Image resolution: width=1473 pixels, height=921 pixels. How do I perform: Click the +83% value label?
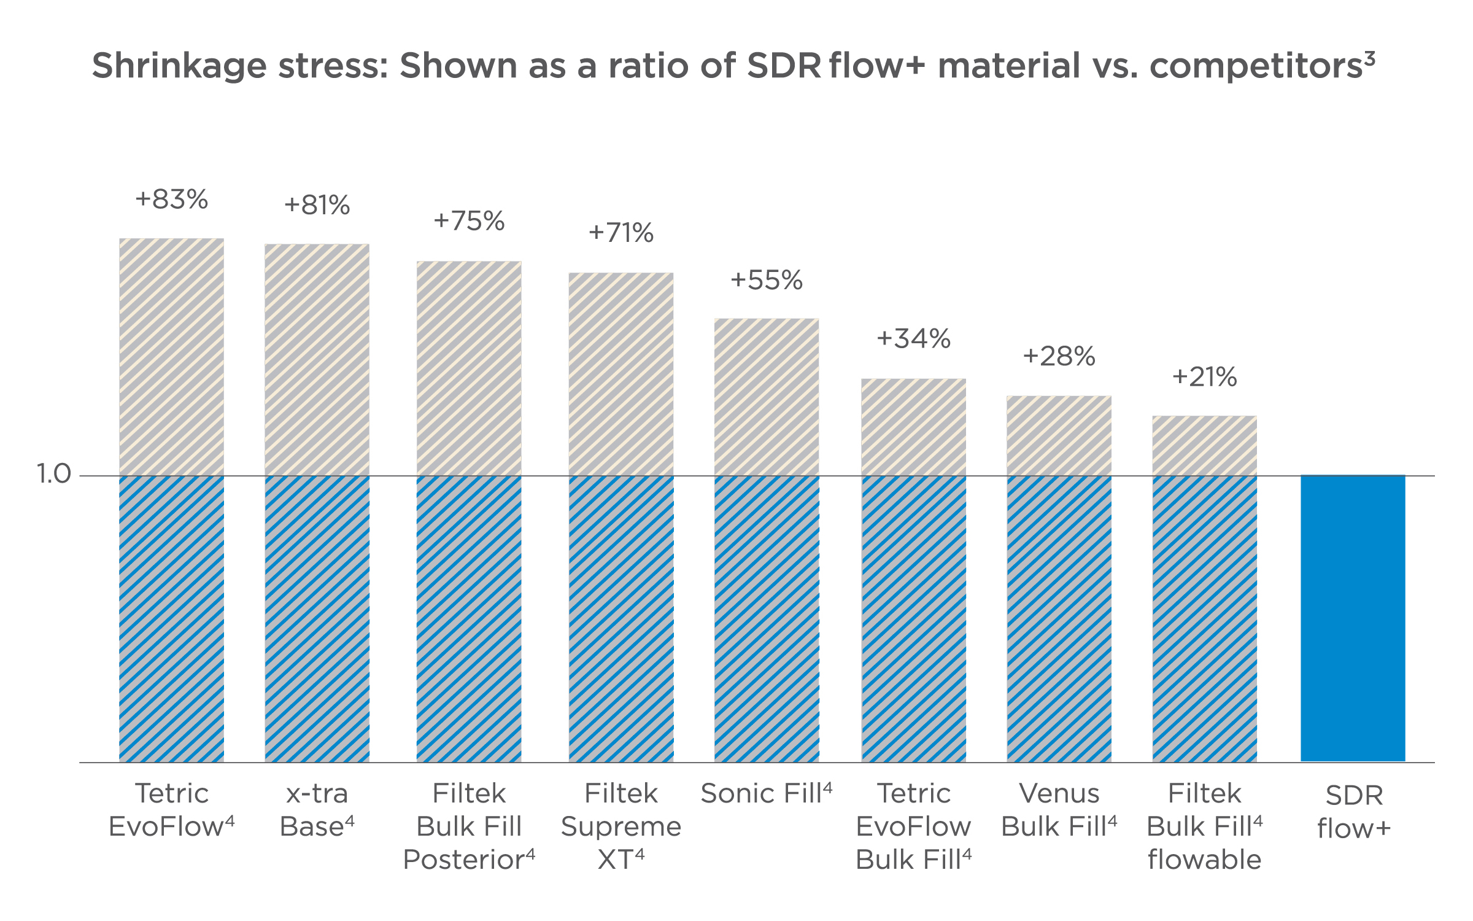pos(172,200)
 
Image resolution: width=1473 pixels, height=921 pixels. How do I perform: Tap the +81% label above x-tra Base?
pos(317,205)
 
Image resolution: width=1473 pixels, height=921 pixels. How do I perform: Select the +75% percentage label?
pos(469,221)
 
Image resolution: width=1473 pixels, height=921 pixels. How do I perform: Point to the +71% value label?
pos(621,233)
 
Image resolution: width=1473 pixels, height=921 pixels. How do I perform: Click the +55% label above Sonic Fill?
pos(766,281)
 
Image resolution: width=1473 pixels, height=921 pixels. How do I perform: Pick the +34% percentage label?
pos(913,339)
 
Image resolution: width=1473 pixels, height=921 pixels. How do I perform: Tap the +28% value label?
pos(1059,357)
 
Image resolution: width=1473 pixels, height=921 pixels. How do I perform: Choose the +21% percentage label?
pos(1204,377)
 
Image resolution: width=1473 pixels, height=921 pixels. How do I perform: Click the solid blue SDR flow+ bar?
pos(1353,618)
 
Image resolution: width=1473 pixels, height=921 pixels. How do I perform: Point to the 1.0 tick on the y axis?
pos(54,474)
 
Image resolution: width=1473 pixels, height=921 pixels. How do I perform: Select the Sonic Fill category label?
pos(766,793)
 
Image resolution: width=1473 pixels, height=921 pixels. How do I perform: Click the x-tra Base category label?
pos(317,810)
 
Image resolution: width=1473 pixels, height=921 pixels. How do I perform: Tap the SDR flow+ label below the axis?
pos(1353,812)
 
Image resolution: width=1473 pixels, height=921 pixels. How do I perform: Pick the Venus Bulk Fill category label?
pos(1059,810)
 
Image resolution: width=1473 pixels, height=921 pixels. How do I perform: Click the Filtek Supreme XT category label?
pos(621,826)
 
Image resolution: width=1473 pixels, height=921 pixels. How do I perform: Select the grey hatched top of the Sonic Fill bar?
pos(767,397)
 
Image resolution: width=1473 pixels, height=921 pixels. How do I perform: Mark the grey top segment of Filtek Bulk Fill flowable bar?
pos(1204,446)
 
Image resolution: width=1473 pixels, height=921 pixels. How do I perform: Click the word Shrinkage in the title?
pos(179,66)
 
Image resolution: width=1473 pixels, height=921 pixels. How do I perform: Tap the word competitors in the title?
pos(1256,66)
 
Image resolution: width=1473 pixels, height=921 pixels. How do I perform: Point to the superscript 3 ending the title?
pos(1370,58)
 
